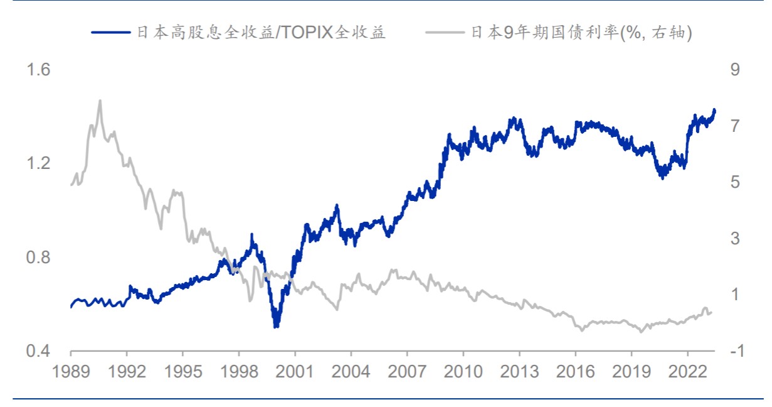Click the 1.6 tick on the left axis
[38, 69]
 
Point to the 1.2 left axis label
[38, 163]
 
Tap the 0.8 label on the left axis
[38, 257]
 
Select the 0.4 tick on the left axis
[38, 351]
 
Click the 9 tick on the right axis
[735, 69]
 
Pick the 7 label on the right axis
[735, 126]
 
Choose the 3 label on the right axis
[735, 238]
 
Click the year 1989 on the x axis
[71, 372]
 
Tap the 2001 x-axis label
[295, 372]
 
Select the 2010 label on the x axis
[463, 372]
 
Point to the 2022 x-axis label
[688, 372]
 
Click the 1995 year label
[182, 372]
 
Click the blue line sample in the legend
[111, 33]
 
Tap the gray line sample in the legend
[445, 33]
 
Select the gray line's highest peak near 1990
[100, 100]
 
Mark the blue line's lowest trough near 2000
[276, 326]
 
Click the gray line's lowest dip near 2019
[641, 332]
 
